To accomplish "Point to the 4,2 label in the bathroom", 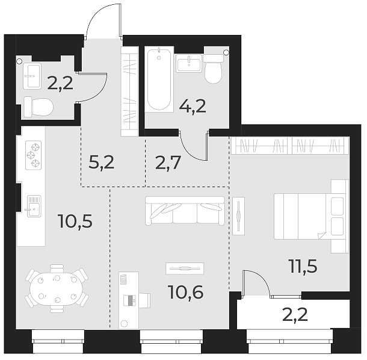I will (x=192, y=107).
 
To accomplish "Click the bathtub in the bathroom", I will (x=159, y=79).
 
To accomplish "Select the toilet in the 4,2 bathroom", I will (x=214, y=70).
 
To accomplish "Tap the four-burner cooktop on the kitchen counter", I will (x=32, y=154).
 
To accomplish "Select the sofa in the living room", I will (x=184, y=211).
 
